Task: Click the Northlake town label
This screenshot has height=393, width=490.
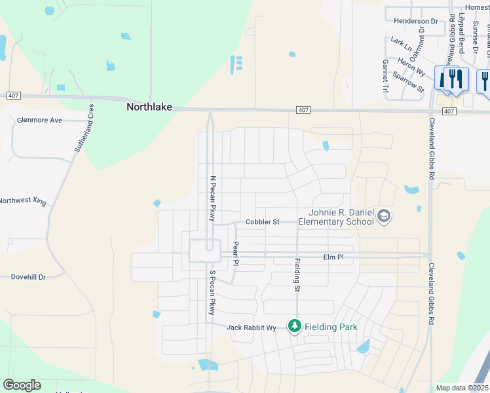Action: pos(149,107)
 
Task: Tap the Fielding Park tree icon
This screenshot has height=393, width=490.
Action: pos(295,326)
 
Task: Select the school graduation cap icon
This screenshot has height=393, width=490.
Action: pos(384,217)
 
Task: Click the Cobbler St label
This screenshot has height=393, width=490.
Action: pos(262,222)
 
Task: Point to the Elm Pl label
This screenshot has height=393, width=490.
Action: pos(333,258)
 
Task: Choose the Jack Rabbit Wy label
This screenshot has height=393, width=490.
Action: pos(251,327)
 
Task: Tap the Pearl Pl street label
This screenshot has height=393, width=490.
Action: pos(236,253)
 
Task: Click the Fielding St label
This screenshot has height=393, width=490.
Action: pos(297,274)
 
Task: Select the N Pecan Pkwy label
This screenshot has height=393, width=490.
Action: pos(212,198)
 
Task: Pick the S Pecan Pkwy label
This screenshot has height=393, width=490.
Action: pos(212,292)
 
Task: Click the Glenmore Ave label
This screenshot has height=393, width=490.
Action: pos(39,121)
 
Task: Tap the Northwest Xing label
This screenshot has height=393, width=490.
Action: pos(22,202)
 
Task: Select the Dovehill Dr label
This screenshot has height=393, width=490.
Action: pos(28,277)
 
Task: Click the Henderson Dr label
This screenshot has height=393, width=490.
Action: pos(416,21)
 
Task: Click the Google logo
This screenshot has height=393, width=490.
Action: pos(22,385)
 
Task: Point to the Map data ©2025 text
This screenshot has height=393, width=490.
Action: pos(461,388)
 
